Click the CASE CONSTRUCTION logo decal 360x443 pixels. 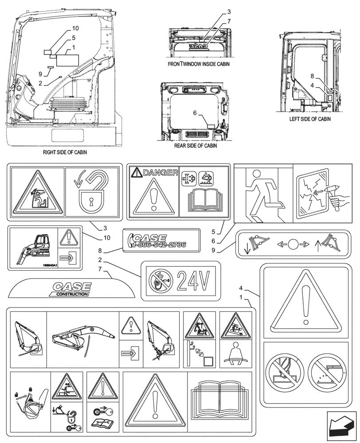[x=71, y=289]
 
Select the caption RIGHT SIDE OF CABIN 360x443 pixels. [x=65, y=152]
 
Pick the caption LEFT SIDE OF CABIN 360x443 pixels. [x=310, y=119]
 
